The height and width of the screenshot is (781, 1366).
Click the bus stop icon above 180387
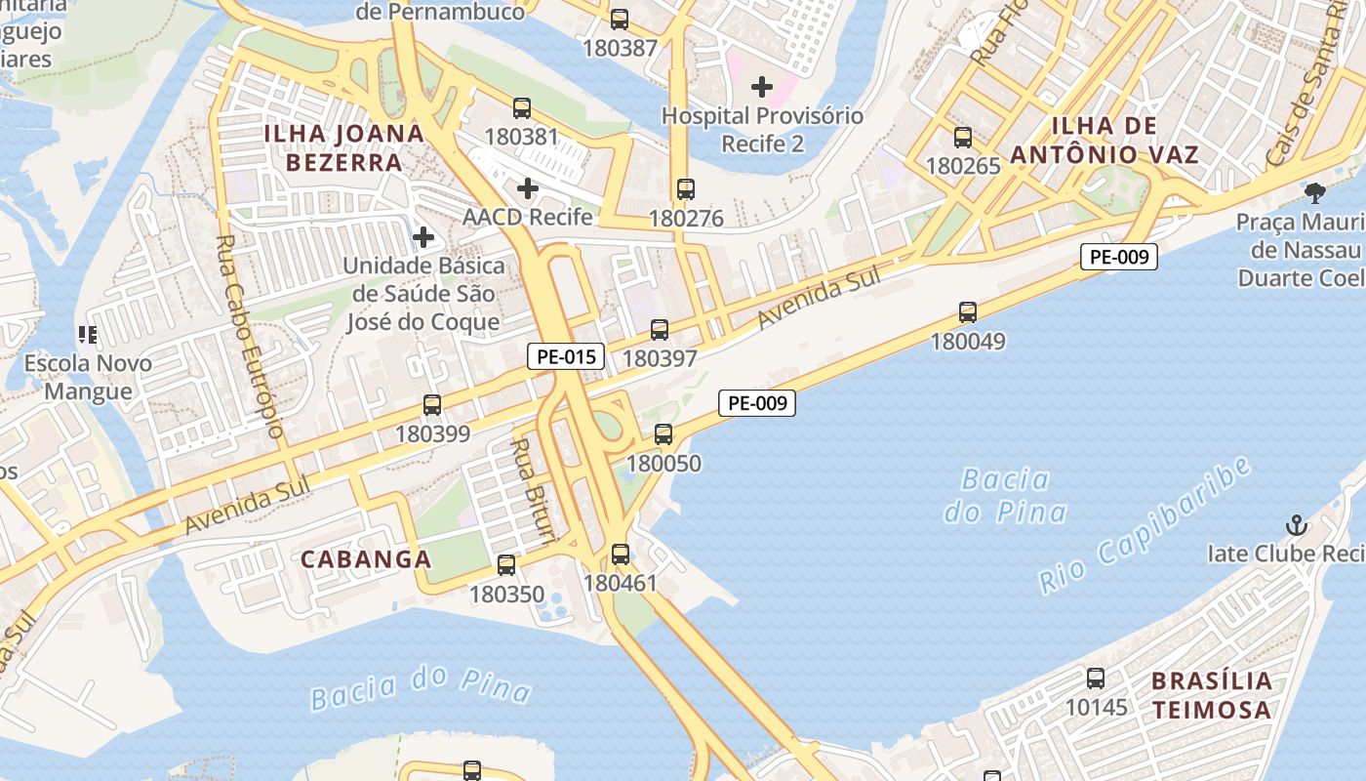(x=620, y=19)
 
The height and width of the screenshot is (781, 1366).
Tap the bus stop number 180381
(x=522, y=136)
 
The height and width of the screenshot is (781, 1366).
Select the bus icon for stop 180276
(x=686, y=189)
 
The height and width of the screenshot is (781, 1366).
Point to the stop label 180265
(x=963, y=165)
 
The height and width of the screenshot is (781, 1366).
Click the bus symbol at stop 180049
(x=968, y=312)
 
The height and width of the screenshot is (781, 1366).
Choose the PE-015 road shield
(x=566, y=356)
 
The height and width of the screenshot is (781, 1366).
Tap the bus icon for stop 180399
(x=432, y=405)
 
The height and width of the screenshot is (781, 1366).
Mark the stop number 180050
(x=663, y=463)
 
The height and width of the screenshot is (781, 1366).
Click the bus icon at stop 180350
(x=506, y=564)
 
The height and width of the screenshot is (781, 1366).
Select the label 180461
(x=621, y=583)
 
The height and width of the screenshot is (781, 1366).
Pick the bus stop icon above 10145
(x=1096, y=678)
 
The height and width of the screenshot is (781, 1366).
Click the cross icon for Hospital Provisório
(x=762, y=87)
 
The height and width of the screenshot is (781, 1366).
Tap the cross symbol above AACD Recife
(x=528, y=187)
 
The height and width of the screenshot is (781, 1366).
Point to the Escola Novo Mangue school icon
(x=88, y=335)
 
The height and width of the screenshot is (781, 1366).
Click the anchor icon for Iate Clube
(x=1296, y=525)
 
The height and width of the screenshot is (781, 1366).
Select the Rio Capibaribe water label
(x=1144, y=525)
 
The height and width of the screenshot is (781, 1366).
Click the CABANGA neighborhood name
(x=366, y=559)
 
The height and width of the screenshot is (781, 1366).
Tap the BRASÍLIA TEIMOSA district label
(x=1212, y=694)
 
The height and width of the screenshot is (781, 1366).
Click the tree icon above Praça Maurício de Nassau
(x=1315, y=192)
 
